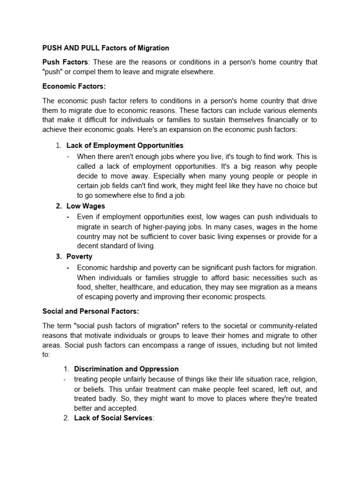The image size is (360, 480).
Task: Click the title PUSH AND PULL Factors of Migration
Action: (x=105, y=48)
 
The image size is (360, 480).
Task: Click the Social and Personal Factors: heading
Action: (x=91, y=311)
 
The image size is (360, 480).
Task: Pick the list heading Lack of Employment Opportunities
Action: (x=125, y=145)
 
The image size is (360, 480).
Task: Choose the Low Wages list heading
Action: (x=86, y=206)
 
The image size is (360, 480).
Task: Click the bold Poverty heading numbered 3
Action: (x=79, y=256)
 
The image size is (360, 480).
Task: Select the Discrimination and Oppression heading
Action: (x=126, y=369)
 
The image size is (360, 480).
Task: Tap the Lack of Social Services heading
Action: (x=113, y=418)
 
